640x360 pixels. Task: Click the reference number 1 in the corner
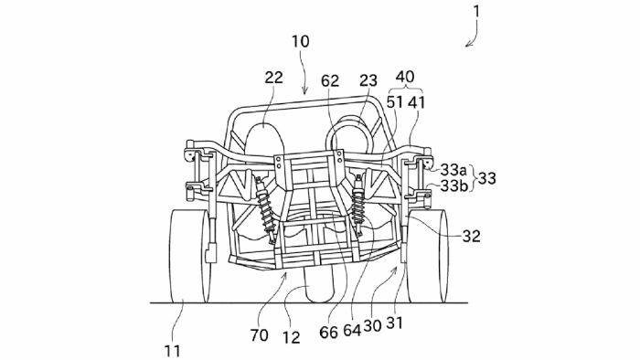476,11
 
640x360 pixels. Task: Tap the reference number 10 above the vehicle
301,42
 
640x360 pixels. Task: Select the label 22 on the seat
273,78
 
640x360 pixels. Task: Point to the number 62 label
330,81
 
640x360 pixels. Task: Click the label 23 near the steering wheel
368,80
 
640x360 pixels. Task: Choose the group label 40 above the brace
405,77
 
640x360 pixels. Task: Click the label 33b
453,185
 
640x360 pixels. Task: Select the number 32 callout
471,236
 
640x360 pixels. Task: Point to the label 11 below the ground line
172,351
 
